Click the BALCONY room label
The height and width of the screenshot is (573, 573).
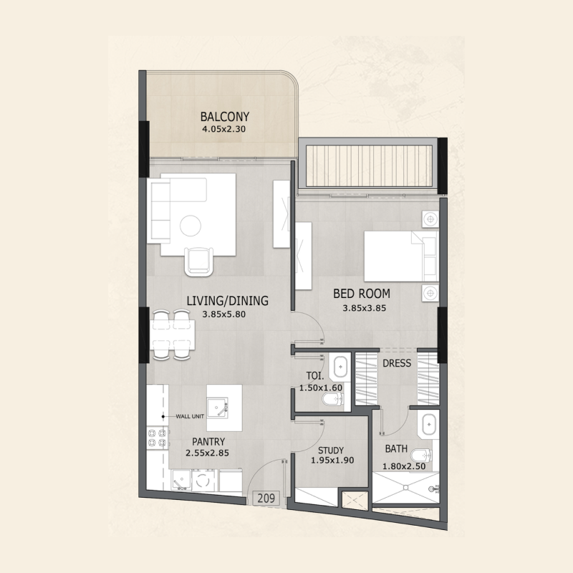click(225, 117)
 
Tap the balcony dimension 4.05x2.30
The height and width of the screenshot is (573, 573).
click(223, 129)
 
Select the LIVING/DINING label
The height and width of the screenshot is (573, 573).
click(227, 301)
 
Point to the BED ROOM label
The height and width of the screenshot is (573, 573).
click(362, 294)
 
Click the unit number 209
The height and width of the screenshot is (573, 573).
click(266, 498)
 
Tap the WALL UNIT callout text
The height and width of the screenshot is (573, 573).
click(190, 416)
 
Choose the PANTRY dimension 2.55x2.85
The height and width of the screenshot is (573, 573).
click(207, 453)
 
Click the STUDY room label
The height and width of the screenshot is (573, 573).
click(331, 451)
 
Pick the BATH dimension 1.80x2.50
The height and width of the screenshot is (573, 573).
click(404, 466)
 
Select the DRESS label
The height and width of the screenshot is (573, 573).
click(397, 363)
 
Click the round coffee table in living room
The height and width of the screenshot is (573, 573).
click(190, 226)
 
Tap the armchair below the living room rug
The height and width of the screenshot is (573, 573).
click(199, 261)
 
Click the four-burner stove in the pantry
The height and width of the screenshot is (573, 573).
click(157, 438)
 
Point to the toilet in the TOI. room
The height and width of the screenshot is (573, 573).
click(332, 399)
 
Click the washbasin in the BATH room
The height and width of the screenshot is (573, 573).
click(428, 425)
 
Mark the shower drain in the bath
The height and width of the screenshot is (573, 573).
click(405, 488)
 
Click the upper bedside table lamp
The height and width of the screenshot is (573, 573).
click(430, 219)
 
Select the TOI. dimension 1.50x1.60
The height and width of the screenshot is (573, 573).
click(321, 387)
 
